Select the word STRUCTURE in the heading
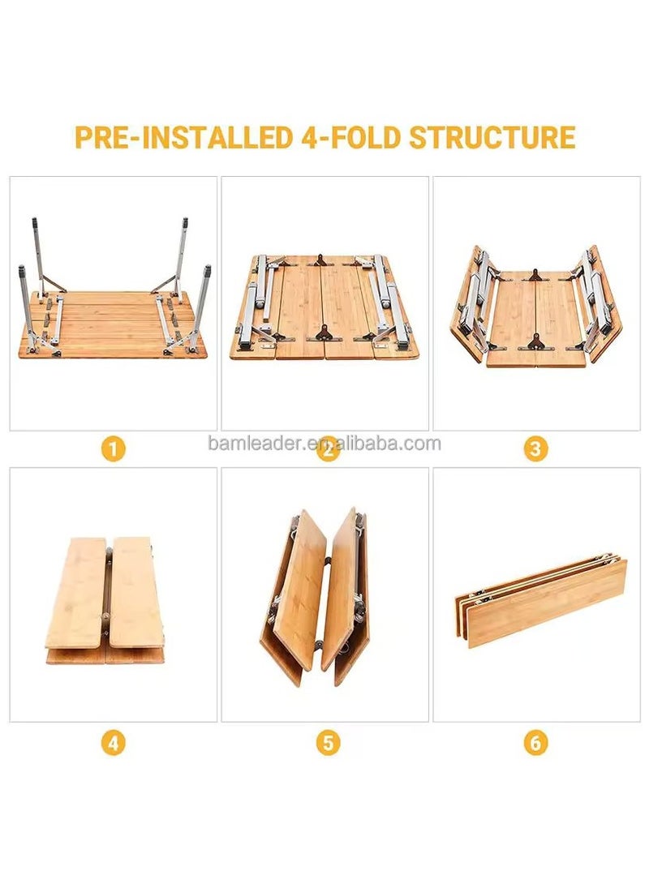coord(492,137)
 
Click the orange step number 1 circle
coord(114,448)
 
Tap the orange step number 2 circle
coord(327,448)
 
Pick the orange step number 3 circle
coord(535,448)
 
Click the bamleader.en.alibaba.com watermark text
coord(324,444)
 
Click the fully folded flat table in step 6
coord(539,600)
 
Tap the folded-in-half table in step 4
coord(105,600)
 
